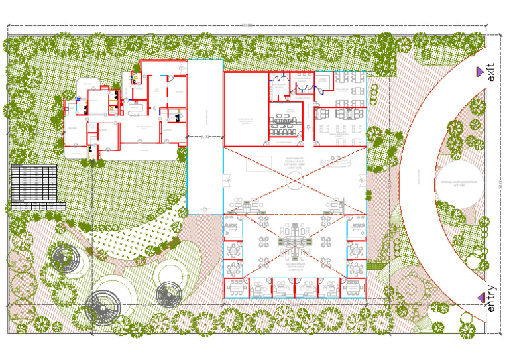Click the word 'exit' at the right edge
pos(490,72)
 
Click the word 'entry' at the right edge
pos(490,298)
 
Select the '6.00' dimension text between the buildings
pos(205,136)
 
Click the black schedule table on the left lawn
pos(34,187)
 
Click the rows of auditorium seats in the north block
pos(286,123)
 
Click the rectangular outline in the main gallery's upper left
pos(259,165)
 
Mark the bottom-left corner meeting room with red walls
pos(236,288)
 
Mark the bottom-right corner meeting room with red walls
pos(353,288)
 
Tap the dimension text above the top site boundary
pos(247,25)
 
